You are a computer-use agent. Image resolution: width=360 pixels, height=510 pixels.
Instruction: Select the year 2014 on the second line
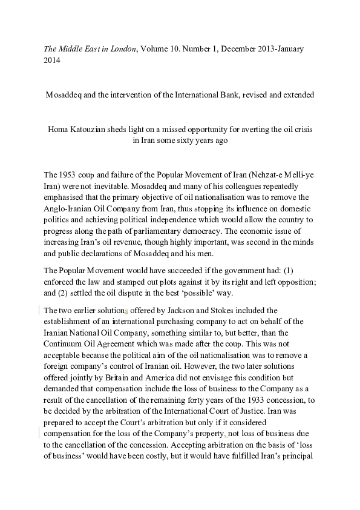53,60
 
